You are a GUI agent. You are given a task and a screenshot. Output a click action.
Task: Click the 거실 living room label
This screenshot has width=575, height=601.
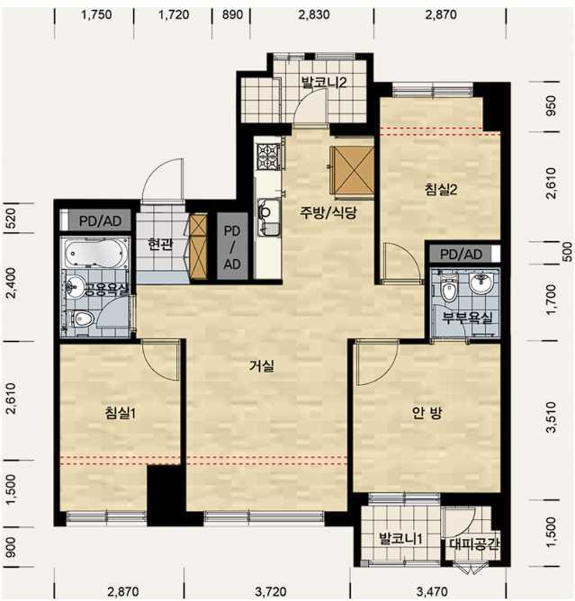click(x=262, y=366)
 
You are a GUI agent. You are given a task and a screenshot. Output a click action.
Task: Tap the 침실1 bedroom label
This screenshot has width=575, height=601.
click(x=121, y=413)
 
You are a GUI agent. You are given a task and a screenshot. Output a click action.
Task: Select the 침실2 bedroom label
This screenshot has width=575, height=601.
click(x=441, y=189)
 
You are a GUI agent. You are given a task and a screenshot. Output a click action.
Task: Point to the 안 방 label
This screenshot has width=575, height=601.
click(x=427, y=413)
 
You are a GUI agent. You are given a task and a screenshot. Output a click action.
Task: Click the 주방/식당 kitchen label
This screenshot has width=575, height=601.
click(x=328, y=212)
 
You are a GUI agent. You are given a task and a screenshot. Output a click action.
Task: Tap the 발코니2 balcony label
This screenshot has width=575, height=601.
click(x=324, y=82)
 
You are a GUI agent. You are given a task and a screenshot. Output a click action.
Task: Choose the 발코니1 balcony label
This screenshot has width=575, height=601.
click(x=400, y=539)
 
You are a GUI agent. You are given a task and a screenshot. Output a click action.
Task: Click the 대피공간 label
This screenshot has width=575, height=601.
click(x=474, y=543)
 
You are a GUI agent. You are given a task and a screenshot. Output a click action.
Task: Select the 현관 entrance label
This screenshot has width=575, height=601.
click(x=160, y=244)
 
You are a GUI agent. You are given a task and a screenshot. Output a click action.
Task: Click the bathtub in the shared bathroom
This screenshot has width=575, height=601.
click(x=95, y=254)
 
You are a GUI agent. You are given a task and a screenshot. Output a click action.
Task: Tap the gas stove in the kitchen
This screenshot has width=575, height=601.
click(x=269, y=156)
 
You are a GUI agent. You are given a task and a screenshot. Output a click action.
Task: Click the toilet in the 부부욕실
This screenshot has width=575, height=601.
click(x=448, y=291)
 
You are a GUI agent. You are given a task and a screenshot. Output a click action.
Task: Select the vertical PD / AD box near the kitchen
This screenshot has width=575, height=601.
click(x=232, y=247)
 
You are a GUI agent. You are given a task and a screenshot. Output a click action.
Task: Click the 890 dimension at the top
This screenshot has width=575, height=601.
click(x=232, y=14)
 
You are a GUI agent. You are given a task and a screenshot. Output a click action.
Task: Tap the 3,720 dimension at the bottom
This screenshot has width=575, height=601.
click(x=271, y=591)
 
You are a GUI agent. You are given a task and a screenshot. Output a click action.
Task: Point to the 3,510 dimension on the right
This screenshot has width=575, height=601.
click(x=551, y=417)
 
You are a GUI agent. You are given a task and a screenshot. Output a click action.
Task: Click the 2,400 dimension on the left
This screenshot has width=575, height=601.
click(x=12, y=283)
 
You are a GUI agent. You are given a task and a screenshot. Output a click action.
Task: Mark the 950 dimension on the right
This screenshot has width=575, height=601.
click(x=550, y=106)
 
